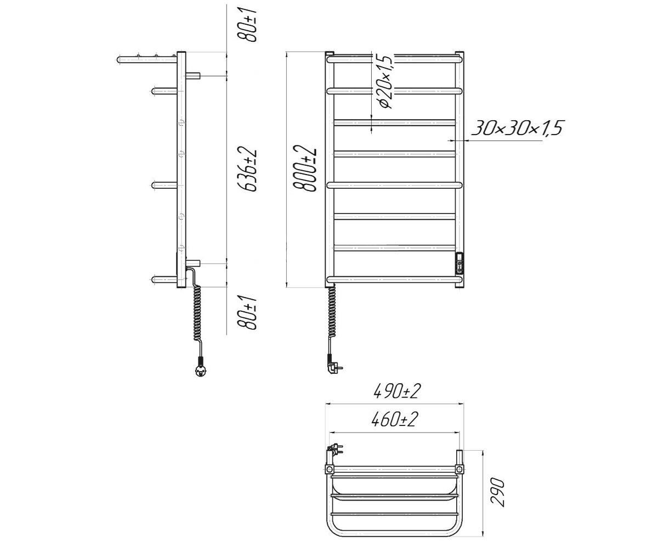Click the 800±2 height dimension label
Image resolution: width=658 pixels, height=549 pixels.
[x=305, y=169]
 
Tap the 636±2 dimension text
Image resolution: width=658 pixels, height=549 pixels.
[x=248, y=170]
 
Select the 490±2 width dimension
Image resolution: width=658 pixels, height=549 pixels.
[x=397, y=391]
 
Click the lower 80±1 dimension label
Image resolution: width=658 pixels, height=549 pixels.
[x=247, y=313]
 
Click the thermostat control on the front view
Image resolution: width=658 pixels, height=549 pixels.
[x=459, y=263]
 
